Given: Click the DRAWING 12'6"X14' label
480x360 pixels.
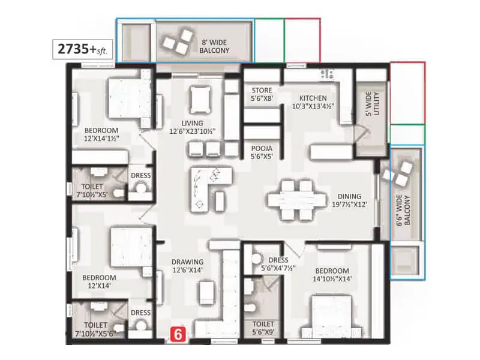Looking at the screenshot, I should pyautogui.click(x=187, y=266).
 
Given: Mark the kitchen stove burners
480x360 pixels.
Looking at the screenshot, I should pyautogui.click(x=328, y=74).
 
